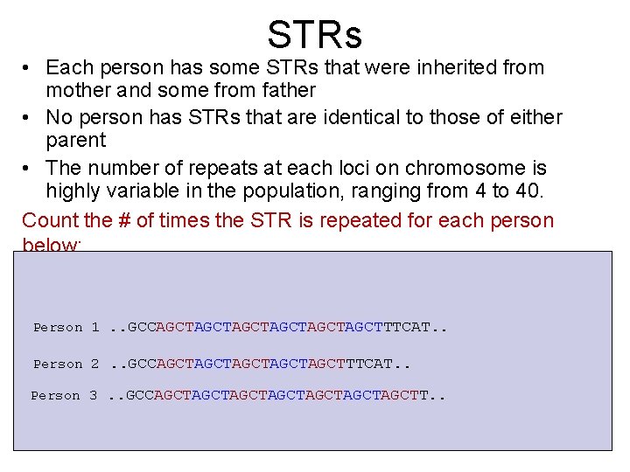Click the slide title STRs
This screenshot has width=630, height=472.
pos(314,35)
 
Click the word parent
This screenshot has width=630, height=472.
pos(76,140)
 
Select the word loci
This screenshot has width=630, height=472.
pos(371,168)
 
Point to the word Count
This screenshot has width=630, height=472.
pos(50,219)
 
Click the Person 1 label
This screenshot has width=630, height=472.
pos(66,328)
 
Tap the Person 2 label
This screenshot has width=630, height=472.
pos(66,364)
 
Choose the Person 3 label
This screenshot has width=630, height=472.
pos(64,396)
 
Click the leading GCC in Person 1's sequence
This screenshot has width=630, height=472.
pos(141,328)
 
